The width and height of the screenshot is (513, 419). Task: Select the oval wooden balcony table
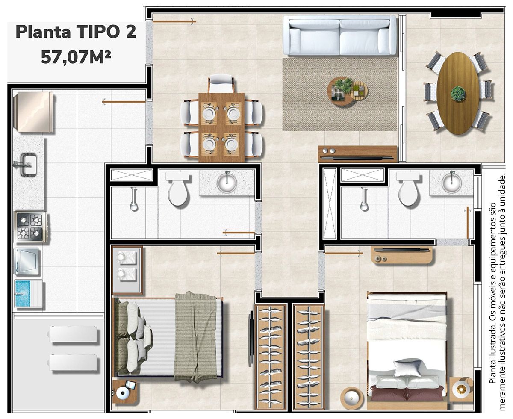click(458, 93)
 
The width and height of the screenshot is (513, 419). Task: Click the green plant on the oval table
click(458, 94)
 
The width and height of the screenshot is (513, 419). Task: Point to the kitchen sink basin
click(28, 165)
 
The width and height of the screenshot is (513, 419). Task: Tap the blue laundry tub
click(26, 294)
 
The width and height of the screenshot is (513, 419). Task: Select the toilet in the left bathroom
click(178, 189)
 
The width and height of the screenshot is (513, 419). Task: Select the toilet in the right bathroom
click(409, 189)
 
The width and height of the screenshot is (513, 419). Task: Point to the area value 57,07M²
click(76, 56)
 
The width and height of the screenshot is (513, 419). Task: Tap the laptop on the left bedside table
click(130, 386)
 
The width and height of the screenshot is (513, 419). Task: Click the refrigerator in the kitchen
click(34, 112)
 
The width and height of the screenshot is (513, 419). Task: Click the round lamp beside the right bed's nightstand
click(352, 398)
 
